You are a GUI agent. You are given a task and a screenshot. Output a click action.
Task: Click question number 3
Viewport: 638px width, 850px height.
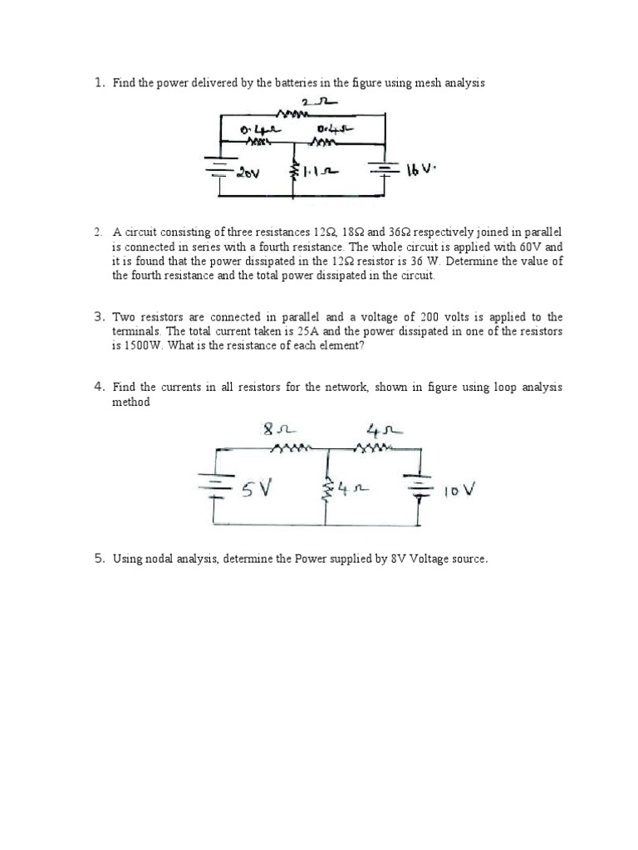(98, 317)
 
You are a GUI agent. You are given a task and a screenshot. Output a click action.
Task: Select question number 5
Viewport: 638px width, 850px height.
(98, 559)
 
